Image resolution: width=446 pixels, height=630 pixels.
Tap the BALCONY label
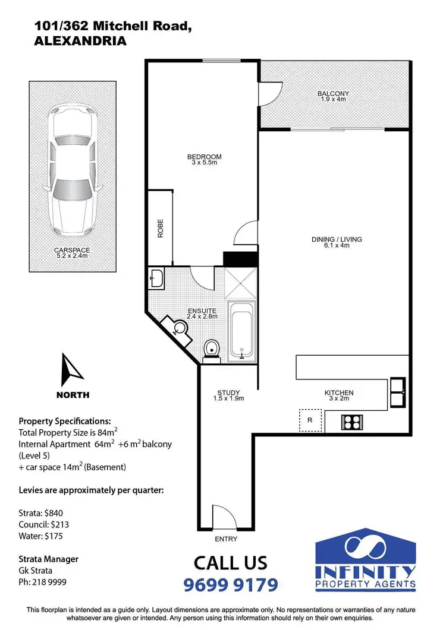(x=332, y=94)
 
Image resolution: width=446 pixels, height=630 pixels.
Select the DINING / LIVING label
(x=337, y=240)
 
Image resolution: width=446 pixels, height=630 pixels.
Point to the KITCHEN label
(x=339, y=393)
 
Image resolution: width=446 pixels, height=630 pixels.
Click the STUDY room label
(x=228, y=393)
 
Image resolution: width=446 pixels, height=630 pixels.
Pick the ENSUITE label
(x=202, y=311)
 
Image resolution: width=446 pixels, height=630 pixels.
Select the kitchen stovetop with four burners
(x=351, y=422)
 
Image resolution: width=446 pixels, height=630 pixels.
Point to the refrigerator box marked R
(x=309, y=420)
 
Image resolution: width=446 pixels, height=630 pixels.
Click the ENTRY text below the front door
(x=225, y=539)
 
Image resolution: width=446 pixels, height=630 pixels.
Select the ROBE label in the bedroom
(x=160, y=229)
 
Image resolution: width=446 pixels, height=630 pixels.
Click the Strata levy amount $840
(x=57, y=513)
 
